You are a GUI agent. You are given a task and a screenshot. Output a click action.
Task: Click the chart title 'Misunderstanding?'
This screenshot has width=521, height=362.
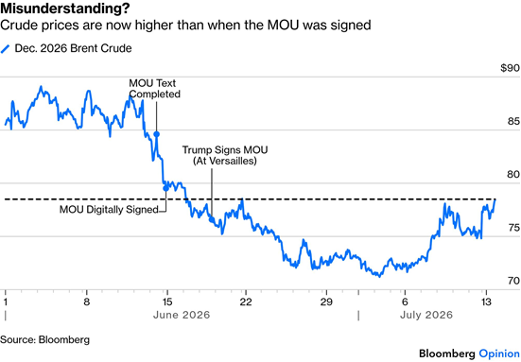pyautogui.click(x=65, y=9)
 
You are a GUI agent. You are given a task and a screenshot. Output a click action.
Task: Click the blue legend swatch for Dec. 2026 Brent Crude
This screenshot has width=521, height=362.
pyautogui.click(x=6, y=49)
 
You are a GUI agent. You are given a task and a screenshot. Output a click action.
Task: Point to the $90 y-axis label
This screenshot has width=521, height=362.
pyautogui.click(x=510, y=68)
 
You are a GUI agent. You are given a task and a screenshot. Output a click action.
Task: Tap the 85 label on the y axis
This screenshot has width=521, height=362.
pyautogui.click(x=513, y=122)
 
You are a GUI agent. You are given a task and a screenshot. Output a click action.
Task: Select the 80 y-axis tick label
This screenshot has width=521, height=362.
pyautogui.click(x=513, y=174)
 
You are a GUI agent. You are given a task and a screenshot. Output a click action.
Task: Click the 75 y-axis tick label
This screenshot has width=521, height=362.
pyautogui.click(x=513, y=228)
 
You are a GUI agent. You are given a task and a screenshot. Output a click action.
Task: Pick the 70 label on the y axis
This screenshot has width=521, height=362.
pyautogui.click(x=513, y=281)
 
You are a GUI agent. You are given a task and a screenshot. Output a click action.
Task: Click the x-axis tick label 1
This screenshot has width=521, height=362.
pyautogui.click(x=6, y=302)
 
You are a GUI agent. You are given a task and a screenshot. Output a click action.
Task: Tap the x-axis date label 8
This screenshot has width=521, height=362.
pyautogui.click(x=86, y=302)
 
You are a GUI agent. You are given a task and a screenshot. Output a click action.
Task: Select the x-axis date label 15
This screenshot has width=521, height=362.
pyautogui.click(x=167, y=302)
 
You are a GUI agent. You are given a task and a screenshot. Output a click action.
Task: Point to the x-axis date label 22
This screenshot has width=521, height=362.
pyautogui.click(x=246, y=302)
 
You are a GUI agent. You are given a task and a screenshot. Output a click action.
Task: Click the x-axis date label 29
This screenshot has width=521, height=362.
pyautogui.click(x=326, y=302)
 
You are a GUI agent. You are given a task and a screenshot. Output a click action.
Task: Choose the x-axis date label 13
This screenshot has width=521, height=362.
pyautogui.click(x=486, y=302)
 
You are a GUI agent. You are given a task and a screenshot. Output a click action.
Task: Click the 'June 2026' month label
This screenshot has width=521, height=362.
pyautogui.click(x=182, y=315)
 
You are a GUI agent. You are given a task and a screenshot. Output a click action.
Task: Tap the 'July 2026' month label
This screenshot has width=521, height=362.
pyautogui.click(x=426, y=315)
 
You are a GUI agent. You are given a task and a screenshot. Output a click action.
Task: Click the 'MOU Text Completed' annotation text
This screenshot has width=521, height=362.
pyautogui.click(x=154, y=88)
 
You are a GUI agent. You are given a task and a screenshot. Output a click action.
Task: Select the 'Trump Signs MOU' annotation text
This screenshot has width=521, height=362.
pyautogui.click(x=225, y=149)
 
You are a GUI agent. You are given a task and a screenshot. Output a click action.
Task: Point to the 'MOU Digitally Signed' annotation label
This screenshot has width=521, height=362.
pyautogui.click(x=109, y=210)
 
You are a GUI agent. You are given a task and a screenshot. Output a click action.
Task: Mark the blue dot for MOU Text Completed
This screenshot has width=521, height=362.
pyautogui.click(x=156, y=134)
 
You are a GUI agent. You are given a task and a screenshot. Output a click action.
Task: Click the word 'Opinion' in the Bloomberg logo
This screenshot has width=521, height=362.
pyautogui.click(x=499, y=353)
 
